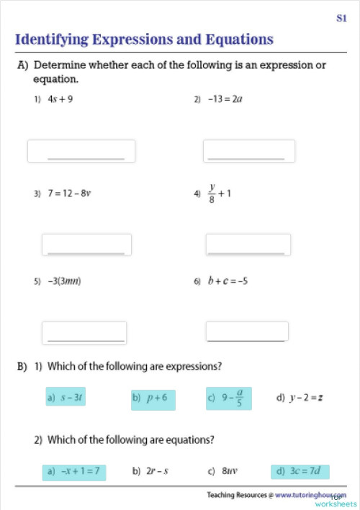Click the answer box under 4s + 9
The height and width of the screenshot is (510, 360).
click(81, 151)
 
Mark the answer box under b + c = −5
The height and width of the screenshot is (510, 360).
click(247, 331)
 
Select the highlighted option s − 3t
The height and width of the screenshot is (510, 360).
click(66, 397)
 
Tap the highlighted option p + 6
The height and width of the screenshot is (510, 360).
click(153, 397)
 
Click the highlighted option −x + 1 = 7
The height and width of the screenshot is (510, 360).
click(73, 472)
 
